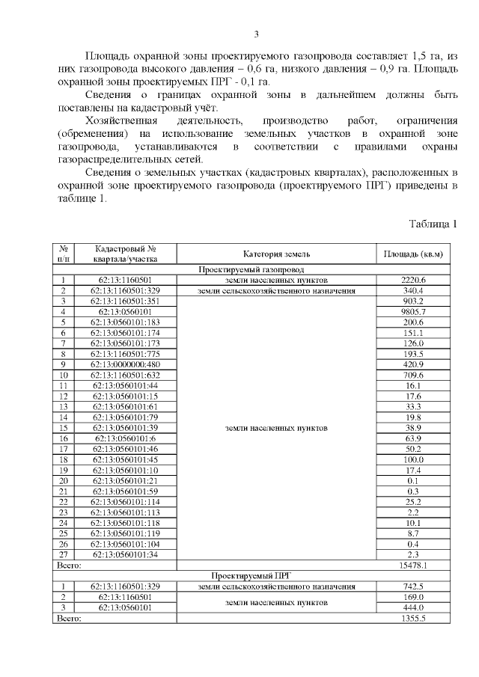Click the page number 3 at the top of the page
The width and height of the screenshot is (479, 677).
[256, 34]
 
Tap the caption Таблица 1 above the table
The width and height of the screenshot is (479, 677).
[433, 224]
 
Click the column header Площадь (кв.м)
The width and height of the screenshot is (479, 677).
[413, 254]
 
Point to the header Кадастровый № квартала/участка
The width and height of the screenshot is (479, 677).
[125, 254]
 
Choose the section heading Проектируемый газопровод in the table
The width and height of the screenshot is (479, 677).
[250, 269]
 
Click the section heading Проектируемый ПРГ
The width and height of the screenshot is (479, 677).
[250, 575]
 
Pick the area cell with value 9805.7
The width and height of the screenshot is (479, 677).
[413, 312]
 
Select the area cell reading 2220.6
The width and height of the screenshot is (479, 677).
[413, 280]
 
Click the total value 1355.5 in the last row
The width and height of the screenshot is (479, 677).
[413, 618]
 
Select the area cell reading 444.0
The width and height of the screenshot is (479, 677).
[413, 607]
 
